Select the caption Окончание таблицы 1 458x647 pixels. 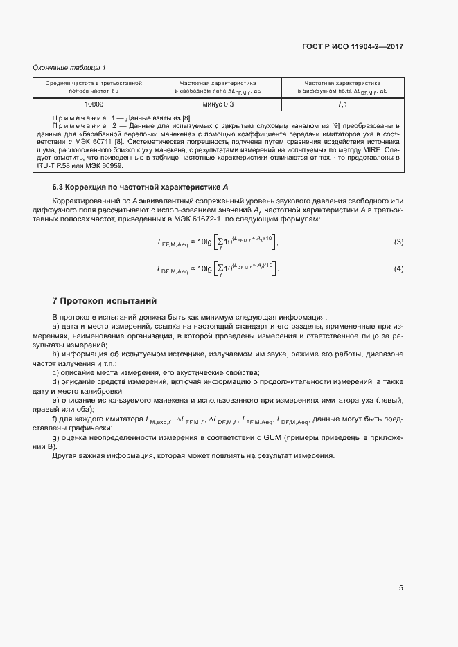pyautogui.click(x=69, y=67)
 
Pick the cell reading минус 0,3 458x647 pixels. pyautogui.click(x=218, y=104)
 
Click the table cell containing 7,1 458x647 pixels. pyautogui.click(x=342, y=104)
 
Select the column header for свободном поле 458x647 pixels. pyautogui.click(x=218, y=86)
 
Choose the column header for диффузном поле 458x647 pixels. pyautogui.click(x=342, y=86)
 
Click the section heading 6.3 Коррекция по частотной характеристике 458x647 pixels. pyautogui.click(x=141, y=188)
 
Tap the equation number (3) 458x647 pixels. pyautogui.click(x=398, y=242)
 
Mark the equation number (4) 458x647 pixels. pyautogui.click(x=398, y=268)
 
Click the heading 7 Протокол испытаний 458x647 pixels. pyautogui.click(x=105, y=301)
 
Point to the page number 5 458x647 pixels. pyautogui.click(x=400, y=588)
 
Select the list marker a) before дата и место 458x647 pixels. pyautogui.click(x=56, y=325)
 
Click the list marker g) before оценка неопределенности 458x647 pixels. pyautogui.click(x=56, y=438)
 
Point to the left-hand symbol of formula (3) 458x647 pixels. pyautogui.click(x=173, y=243)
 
